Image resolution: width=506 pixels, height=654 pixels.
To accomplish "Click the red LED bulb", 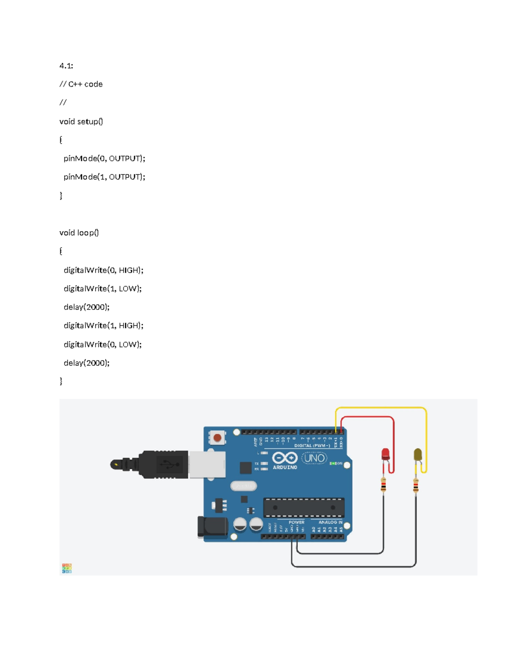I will [x=385, y=454].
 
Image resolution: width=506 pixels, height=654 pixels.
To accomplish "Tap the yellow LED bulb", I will [x=417, y=454].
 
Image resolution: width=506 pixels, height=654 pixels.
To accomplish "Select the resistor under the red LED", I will [x=383, y=485].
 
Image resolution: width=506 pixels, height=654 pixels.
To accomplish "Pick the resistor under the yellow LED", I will [x=416, y=485].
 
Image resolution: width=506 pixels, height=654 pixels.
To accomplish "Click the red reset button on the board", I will [x=218, y=438].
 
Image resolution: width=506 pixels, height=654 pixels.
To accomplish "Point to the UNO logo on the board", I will [x=315, y=458].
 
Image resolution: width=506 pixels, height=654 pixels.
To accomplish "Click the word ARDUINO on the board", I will [x=285, y=467].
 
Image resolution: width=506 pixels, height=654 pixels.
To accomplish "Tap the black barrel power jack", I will [x=212, y=527].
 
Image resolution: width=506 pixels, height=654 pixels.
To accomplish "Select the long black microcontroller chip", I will [x=304, y=507].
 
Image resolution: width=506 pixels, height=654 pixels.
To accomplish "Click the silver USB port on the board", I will [x=207, y=464].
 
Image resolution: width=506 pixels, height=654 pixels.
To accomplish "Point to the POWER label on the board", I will [x=296, y=522].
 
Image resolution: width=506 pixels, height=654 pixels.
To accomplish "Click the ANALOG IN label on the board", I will [x=330, y=522].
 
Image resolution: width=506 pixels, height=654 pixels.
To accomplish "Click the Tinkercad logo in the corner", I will [x=67, y=568].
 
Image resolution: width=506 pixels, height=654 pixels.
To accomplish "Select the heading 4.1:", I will [x=66, y=66].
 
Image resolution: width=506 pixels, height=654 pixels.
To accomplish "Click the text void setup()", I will [x=81, y=122].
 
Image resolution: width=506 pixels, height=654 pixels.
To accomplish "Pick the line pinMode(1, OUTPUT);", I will [x=104, y=177].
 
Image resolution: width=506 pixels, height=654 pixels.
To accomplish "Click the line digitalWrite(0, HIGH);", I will [x=103, y=270].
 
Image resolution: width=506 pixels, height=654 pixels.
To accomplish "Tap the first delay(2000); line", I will [x=86, y=307].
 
